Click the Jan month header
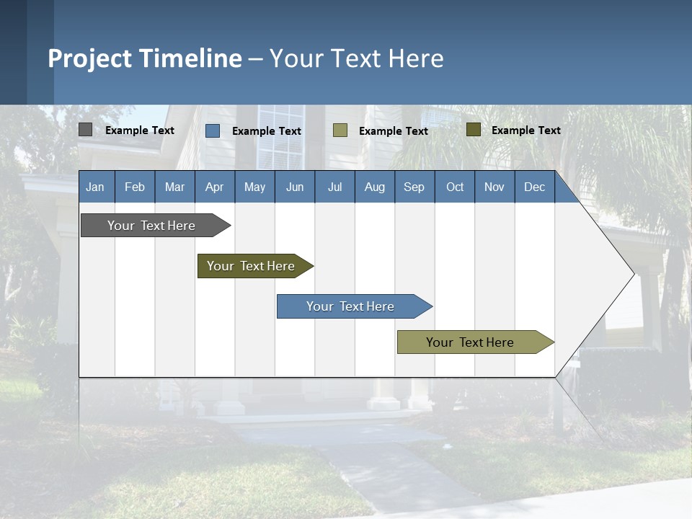click(x=96, y=187)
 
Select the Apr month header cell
click(x=215, y=187)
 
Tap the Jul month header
click(x=334, y=187)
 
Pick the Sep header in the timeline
click(x=414, y=187)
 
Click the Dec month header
click(x=534, y=187)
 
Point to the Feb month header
click(x=135, y=187)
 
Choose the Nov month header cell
click(x=494, y=187)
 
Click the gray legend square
click(x=85, y=130)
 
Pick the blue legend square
click(x=213, y=130)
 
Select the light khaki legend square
click(x=340, y=130)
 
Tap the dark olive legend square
click(x=474, y=130)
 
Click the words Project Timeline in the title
click(x=145, y=58)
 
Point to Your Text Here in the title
click(x=356, y=58)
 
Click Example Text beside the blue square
click(x=267, y=131)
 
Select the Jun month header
click(x=295, y=187)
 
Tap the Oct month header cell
click(x=455, y=187)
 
